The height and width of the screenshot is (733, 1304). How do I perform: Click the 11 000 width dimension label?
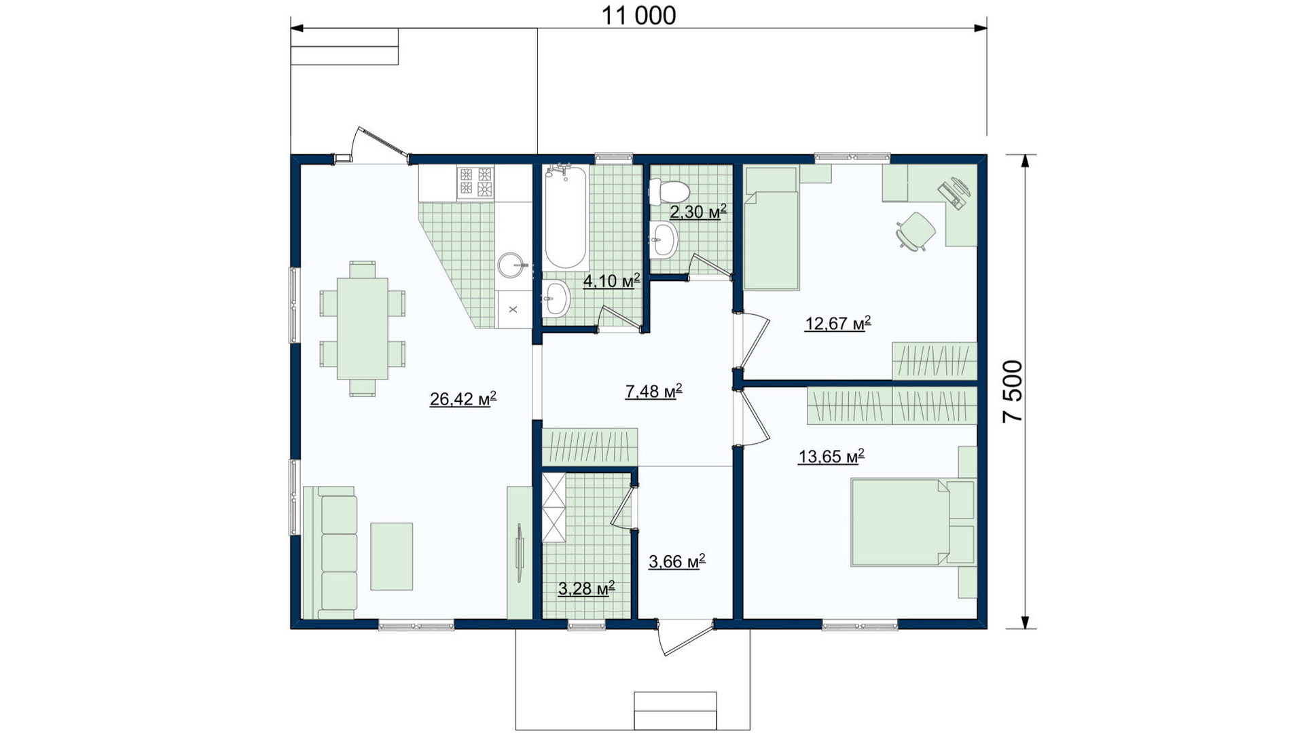[638, 15]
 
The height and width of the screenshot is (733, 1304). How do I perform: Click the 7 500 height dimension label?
[1013, 392]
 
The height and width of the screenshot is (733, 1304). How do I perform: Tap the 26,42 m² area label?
[463, 398]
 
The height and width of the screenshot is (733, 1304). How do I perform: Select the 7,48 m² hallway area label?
[653, 390]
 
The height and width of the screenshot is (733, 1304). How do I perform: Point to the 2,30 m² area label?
[698, 211]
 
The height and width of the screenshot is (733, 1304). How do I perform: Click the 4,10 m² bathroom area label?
[612, 280]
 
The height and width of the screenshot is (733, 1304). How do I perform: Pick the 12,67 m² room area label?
[838, 323]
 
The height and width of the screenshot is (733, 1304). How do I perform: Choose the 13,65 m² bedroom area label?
[831, 456]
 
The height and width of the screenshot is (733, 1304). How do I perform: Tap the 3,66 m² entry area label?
[677, 561]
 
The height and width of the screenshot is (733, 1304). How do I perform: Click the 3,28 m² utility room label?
[587, 588]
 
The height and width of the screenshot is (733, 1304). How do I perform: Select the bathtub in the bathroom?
[565, 217]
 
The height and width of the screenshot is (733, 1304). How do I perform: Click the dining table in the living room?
[363, 328]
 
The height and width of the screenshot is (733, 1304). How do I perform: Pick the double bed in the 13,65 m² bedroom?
[913, 523]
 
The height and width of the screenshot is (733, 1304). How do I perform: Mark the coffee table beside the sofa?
[392, 557]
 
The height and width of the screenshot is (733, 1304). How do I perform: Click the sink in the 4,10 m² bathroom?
[556, 299]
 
